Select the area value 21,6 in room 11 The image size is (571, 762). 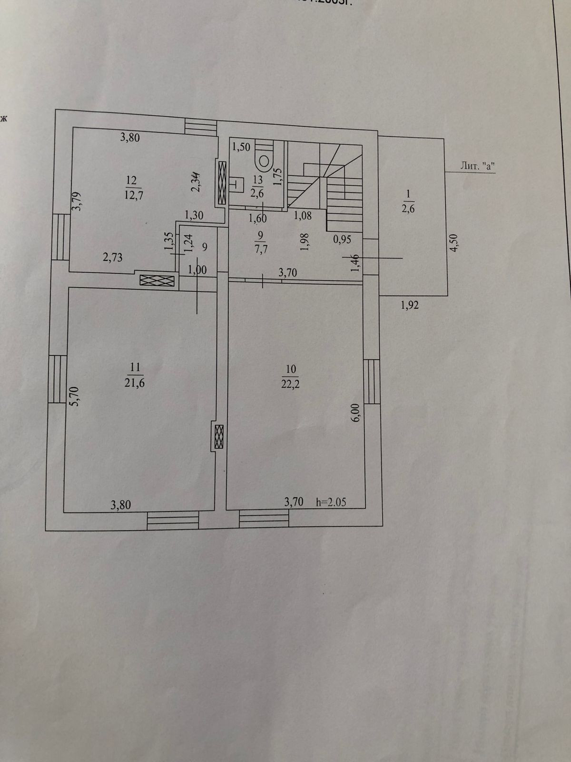(135, 382)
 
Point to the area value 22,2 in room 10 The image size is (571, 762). (291, 383)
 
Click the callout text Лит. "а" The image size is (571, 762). (476, 166)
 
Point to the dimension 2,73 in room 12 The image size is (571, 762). (113, 258)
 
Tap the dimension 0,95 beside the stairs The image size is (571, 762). (343, 240)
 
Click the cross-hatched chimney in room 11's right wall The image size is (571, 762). (218, 436)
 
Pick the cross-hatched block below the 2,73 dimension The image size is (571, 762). (158, 281)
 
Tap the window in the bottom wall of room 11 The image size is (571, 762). (173, 520)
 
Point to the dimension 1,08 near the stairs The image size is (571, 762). (303, 215)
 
